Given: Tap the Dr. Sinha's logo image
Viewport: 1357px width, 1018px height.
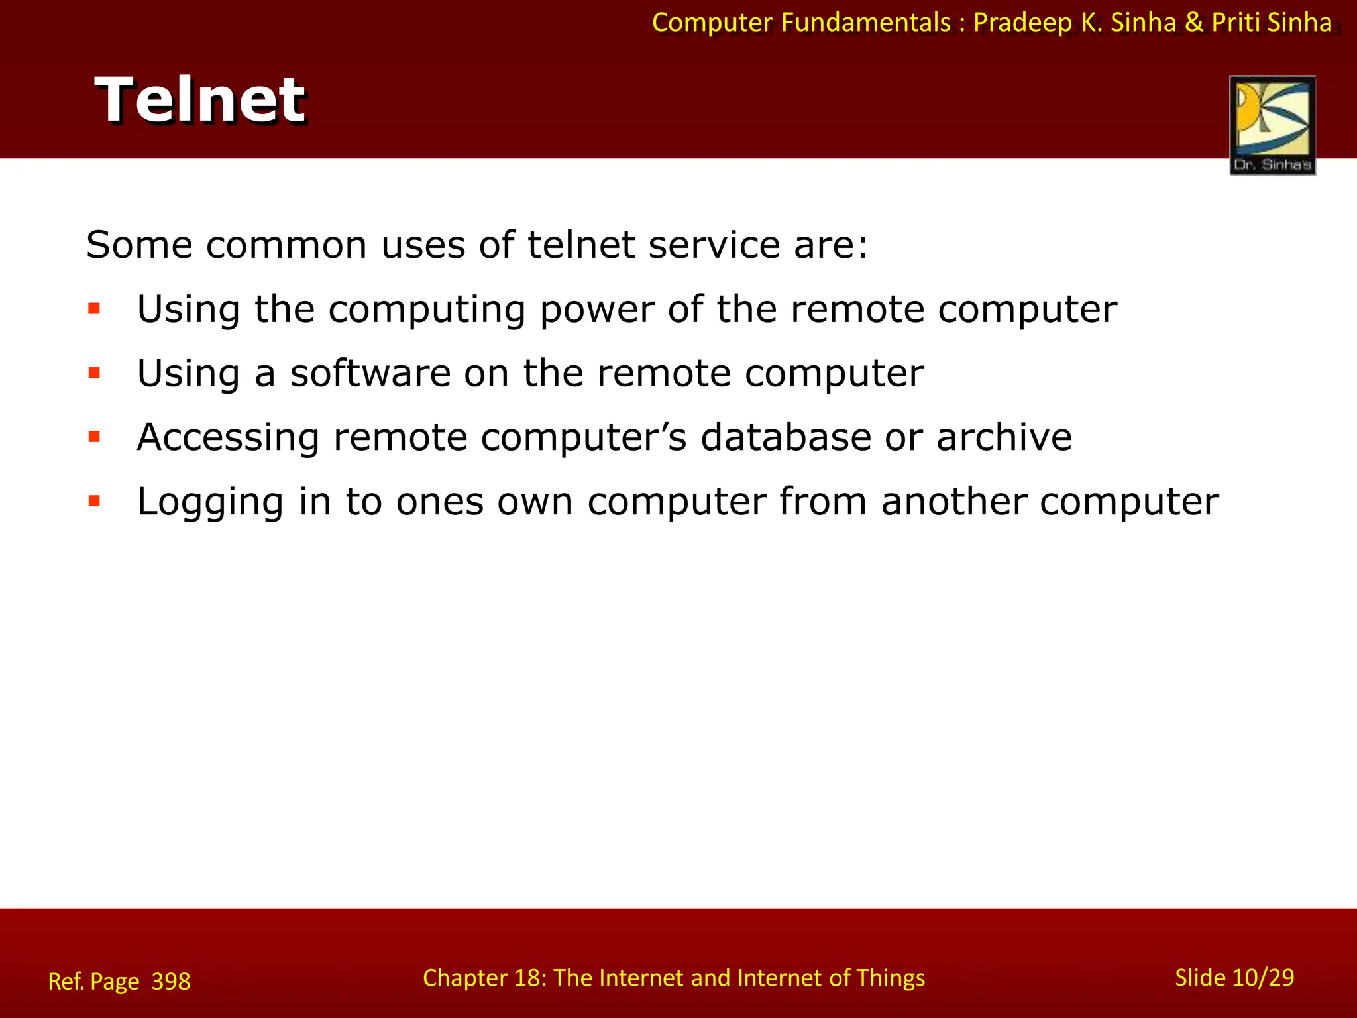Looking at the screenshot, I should coord(1272,125).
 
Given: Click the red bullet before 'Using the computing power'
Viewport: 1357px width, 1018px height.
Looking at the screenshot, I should coord(94,309).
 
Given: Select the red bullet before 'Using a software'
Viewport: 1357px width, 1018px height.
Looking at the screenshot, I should coord(94,373).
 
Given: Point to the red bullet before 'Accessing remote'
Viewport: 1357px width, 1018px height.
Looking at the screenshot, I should coord(94,437).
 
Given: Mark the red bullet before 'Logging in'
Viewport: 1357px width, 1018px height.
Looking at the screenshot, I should coord(94,501).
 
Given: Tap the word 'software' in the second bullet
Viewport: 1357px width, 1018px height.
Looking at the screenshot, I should coord(370,373).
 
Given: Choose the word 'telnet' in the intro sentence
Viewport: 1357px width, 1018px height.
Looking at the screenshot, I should coord(581,245).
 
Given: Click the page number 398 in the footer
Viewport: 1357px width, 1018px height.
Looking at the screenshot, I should coord(171,981).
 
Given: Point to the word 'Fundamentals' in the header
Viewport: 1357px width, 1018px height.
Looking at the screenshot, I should coord(865,23).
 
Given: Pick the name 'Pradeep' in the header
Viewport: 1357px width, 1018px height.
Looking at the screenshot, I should coord(1022,23).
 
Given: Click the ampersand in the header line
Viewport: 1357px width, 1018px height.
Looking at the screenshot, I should coord(1193,23).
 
